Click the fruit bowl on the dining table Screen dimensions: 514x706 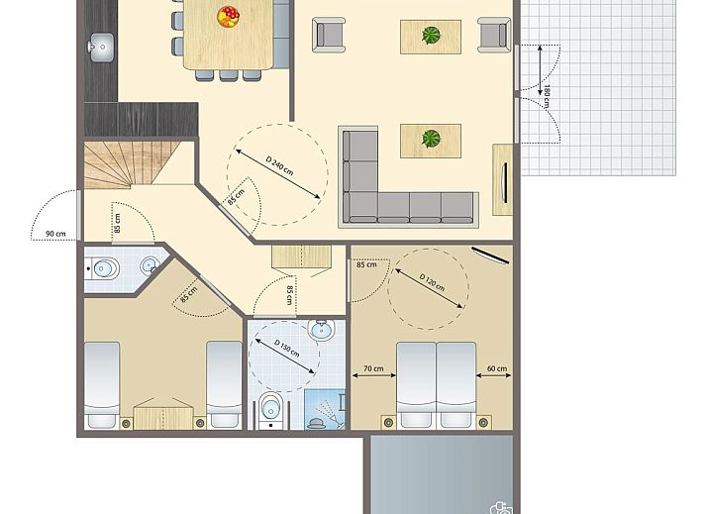(x=229, y=16)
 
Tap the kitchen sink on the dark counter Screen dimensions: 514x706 (x=100, y=45)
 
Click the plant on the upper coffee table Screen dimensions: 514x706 (x=431, y=37)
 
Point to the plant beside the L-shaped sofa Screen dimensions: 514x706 (x=431, y=140)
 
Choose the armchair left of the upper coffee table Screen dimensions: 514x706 (x=330, y=35)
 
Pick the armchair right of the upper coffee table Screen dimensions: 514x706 (x=492, y=35)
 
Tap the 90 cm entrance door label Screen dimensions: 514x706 (x=54, y=234)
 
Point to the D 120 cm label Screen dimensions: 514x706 (x=432, y=289)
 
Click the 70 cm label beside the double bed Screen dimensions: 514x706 (x=372, y=369)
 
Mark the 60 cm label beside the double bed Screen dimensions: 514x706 (x=495, y=369)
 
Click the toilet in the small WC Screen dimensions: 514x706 (x=102, y=266)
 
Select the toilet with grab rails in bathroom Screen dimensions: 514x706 (x=270, y=407)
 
